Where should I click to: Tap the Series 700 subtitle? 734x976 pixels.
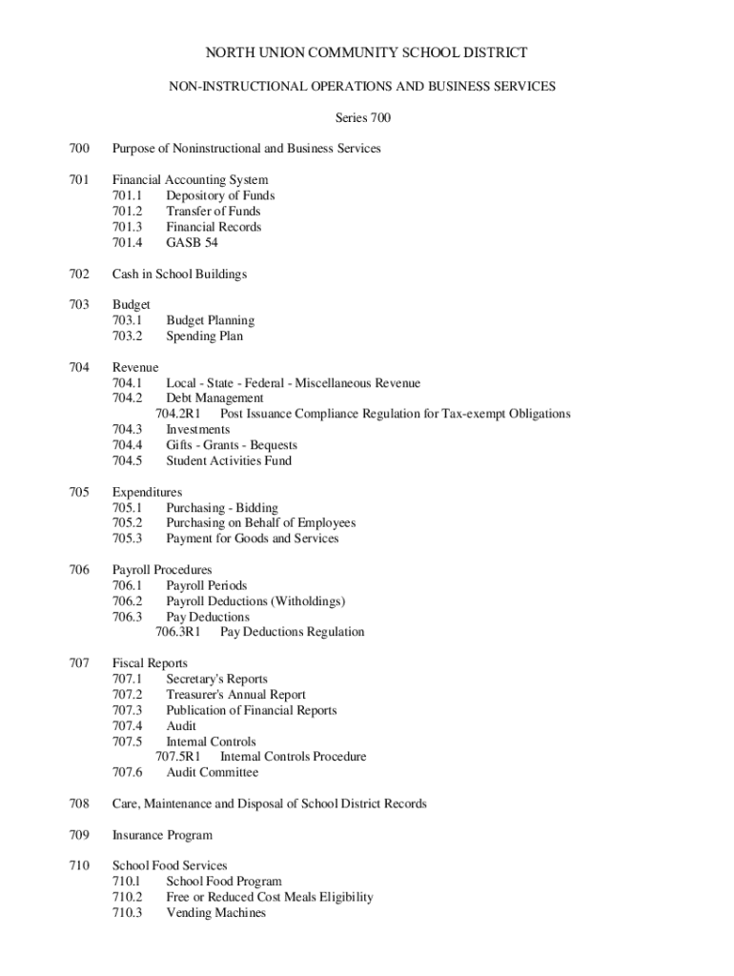coord(362,118)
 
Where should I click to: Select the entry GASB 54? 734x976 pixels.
coord(192,242)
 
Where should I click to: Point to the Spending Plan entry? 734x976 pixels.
coord(204,335)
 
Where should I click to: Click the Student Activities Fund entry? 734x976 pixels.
coord(229,460)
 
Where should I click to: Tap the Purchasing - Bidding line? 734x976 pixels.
coord(221,508)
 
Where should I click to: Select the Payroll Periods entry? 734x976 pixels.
coord(206,585)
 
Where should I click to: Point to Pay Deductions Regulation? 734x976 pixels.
coord(292,632)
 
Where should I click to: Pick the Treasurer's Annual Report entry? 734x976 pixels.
coord(235,695)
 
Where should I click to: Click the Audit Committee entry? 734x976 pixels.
coord(212,772)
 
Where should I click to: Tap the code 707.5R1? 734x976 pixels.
coord(178,757)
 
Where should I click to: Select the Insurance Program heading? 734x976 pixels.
coord(162,835)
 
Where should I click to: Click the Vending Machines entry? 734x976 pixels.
coord(215,912)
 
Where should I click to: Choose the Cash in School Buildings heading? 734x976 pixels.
coord(179,274)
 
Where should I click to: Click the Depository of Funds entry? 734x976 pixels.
coord(220,195)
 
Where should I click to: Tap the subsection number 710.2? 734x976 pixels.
coord(127,897)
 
